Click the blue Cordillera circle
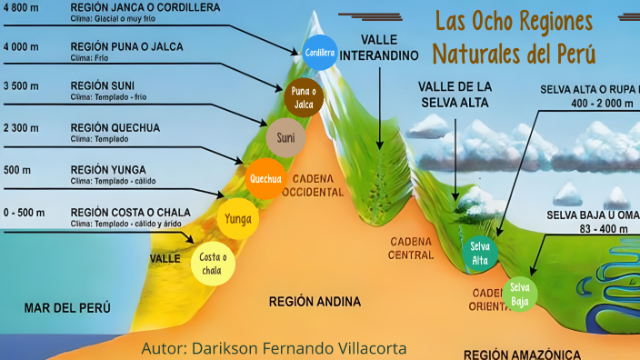(x=320, y=53)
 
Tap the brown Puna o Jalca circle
(x=304, y=98)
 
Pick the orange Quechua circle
(x=265, y=178)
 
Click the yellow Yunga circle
(x=238, y=218)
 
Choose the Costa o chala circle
(x=212, y=265)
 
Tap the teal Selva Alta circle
(x=480, y=254)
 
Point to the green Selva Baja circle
(x=520, y=295)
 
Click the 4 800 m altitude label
(x=20, y=6)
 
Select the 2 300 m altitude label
(x=20, y=127)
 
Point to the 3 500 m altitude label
(x=20, y=86)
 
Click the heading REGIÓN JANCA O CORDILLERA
(x=145, y=6)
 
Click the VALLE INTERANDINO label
(x=389, y=48)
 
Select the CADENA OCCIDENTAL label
(x=314, y=185)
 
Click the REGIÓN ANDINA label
(x=315, y=301)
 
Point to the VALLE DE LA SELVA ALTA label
(x=455, y=95)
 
